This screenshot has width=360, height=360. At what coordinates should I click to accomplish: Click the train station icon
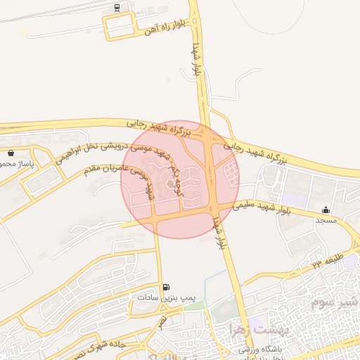point(117,8)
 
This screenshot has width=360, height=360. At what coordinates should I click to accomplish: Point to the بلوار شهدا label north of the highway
point(197,59)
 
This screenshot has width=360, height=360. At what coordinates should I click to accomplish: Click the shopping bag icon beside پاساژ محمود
point(11,153)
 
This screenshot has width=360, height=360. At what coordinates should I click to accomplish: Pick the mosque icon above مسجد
point(326,210)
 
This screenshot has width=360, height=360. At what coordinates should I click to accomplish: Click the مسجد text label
point(326,221)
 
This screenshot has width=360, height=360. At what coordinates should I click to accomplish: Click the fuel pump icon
point(166,287)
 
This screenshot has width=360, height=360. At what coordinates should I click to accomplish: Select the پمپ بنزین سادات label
point(165,298)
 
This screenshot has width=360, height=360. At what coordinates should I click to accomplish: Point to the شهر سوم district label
point(328,303)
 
